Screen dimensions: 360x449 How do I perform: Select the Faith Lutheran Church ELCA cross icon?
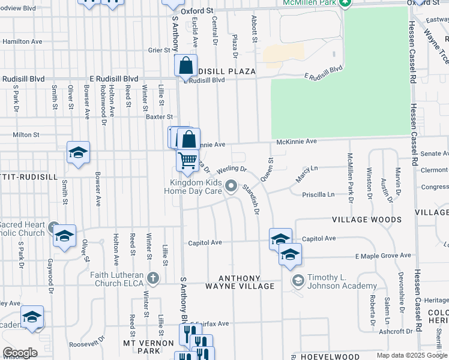pyautogui.click(x=154, y=279)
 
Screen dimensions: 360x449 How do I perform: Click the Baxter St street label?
pyautogui.click(x=160, y=117)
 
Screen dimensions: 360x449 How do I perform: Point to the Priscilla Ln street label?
pyautogui.click(x=319, y=194)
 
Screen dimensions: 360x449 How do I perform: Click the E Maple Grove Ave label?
pyautogui.click(x=382, y=256)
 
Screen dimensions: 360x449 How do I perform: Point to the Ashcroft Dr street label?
pyautogui.click(x=394, y=331)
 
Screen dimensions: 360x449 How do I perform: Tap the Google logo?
pyautogui.click(x=20, y=353)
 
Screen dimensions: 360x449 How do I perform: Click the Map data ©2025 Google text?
pyautogui.click(x=412, y=355)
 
